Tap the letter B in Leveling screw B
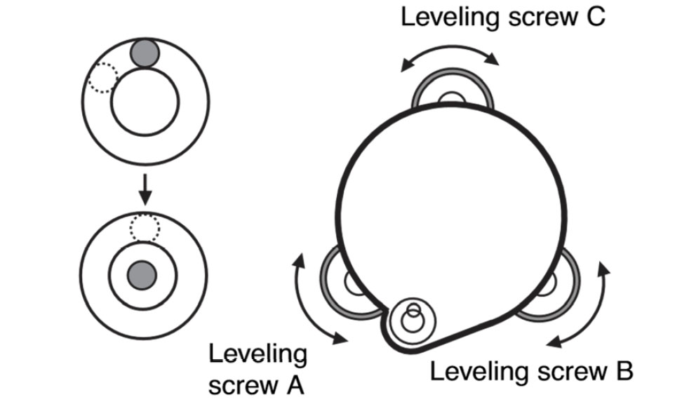tap(623, 371)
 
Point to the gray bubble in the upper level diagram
tap(145, 53)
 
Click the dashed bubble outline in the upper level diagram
tap(102, 78)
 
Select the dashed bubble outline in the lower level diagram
tap(145, 227)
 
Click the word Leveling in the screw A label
tap(258, 355)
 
